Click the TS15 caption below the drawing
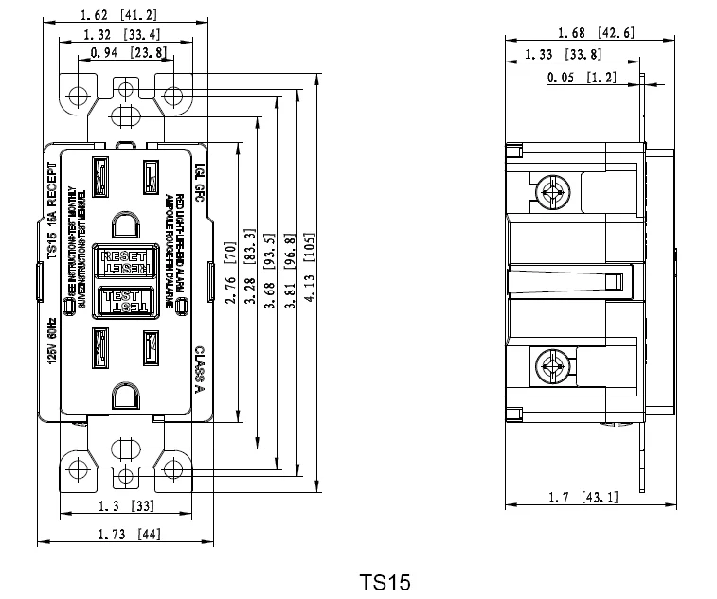[x=385, y=581]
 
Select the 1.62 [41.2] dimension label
[x=120, y=15]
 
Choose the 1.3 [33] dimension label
[x=125, y=506]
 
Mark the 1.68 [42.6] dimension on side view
[x=596, y=33]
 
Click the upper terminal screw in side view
[x=551, y=193]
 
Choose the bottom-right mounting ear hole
[x=173, y=467]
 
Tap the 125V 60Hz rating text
[x=52, y=344]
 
